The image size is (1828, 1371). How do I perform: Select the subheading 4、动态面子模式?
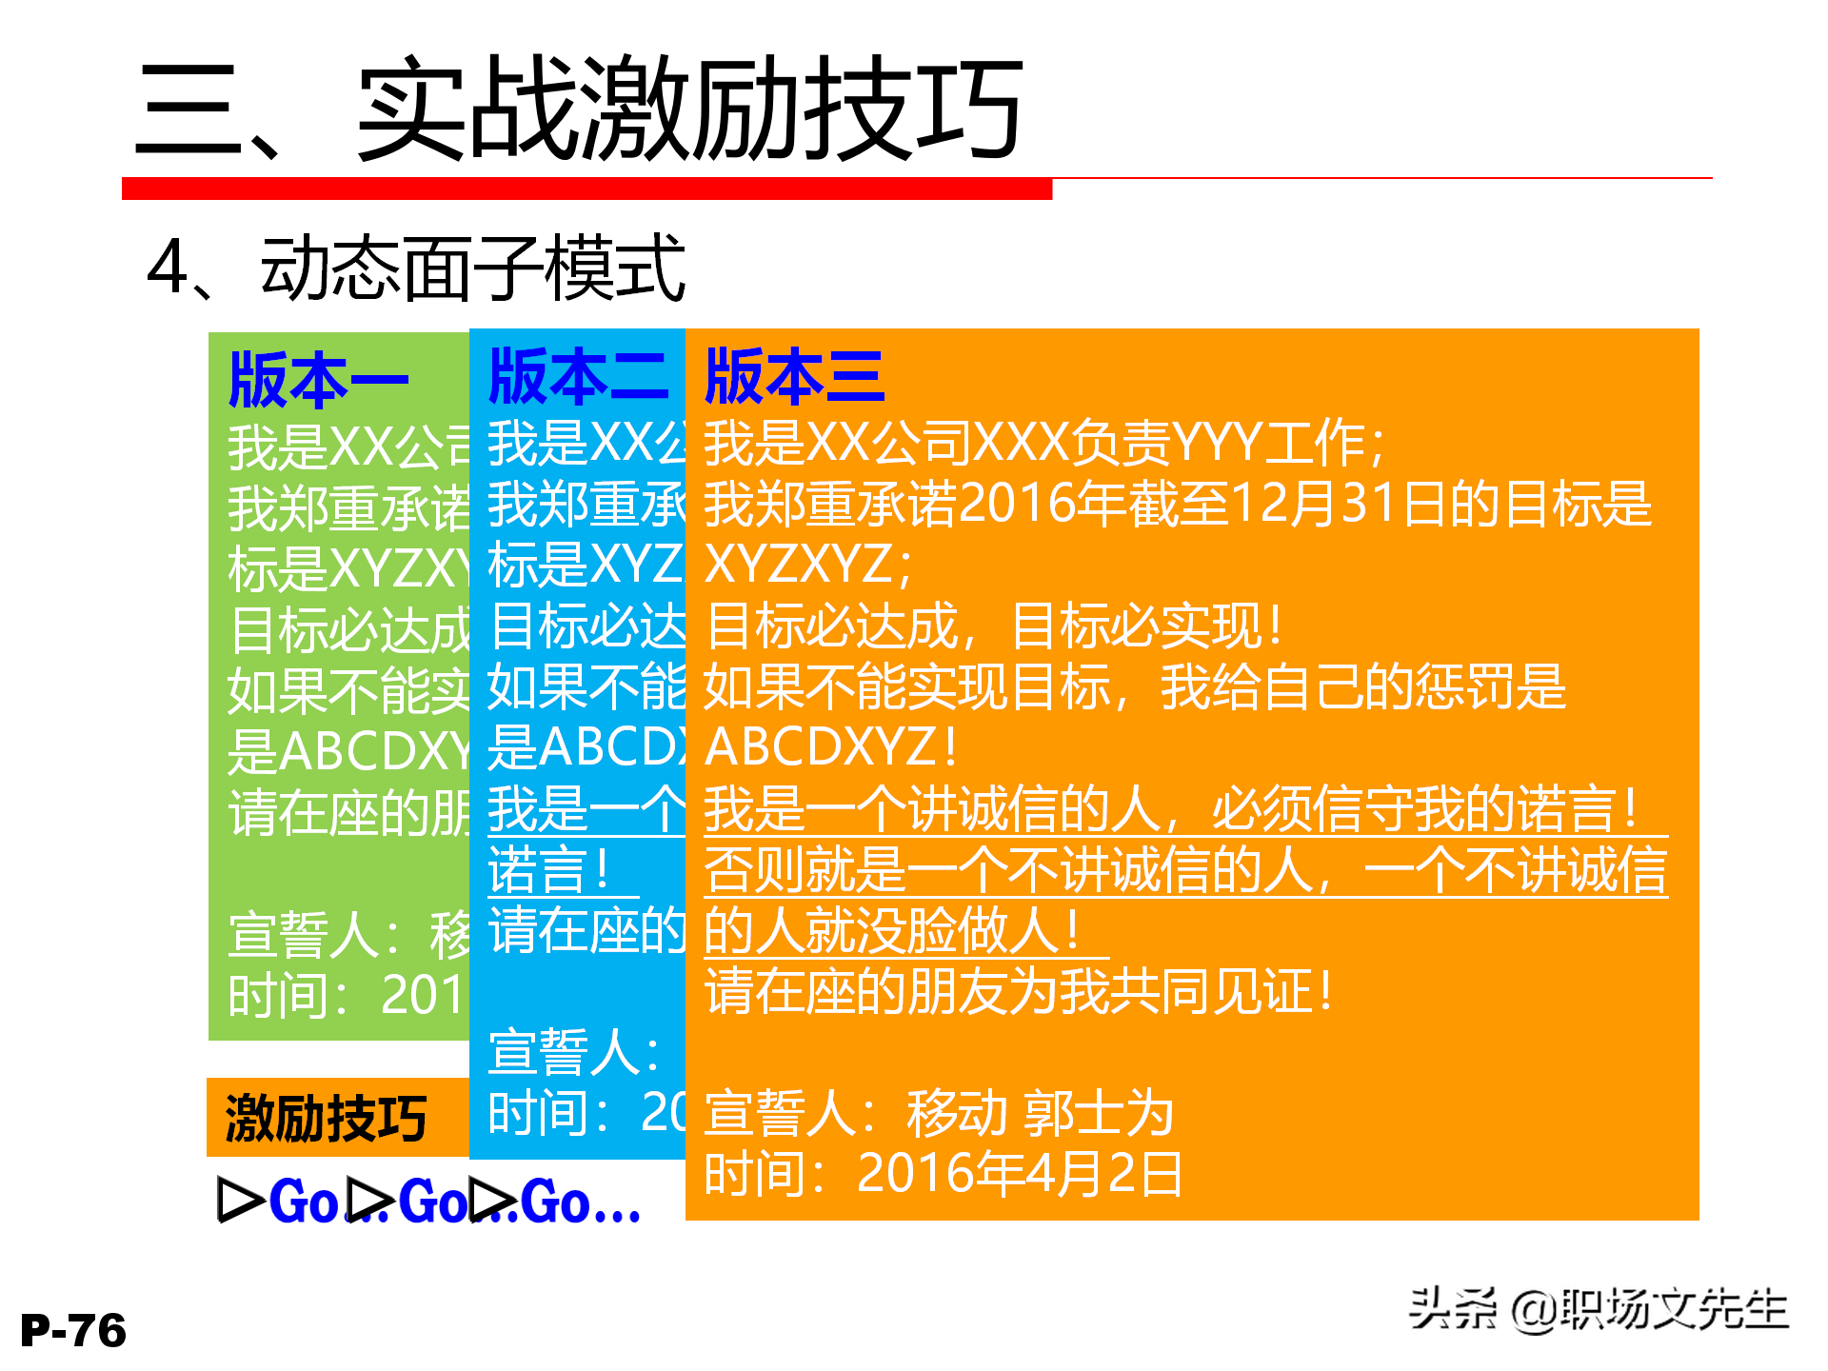click(416, 268)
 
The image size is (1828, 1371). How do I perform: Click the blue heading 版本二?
click(577, 376)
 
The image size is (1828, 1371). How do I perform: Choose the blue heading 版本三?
click(794, 376)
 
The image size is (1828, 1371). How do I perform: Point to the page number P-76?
click(73, 1330)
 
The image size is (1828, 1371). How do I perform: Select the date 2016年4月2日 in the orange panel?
click(1019, 1173)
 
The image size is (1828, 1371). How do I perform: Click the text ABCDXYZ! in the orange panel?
click(830, 746)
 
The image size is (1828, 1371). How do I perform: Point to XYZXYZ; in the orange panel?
click(807, 564)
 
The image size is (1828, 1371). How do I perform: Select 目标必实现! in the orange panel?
click(1146, 626)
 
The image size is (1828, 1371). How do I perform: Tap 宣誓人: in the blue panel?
click(573, 1052)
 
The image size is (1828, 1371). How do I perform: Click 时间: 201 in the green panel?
click(345, 996)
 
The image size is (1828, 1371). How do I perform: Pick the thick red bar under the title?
click(586, 189)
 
